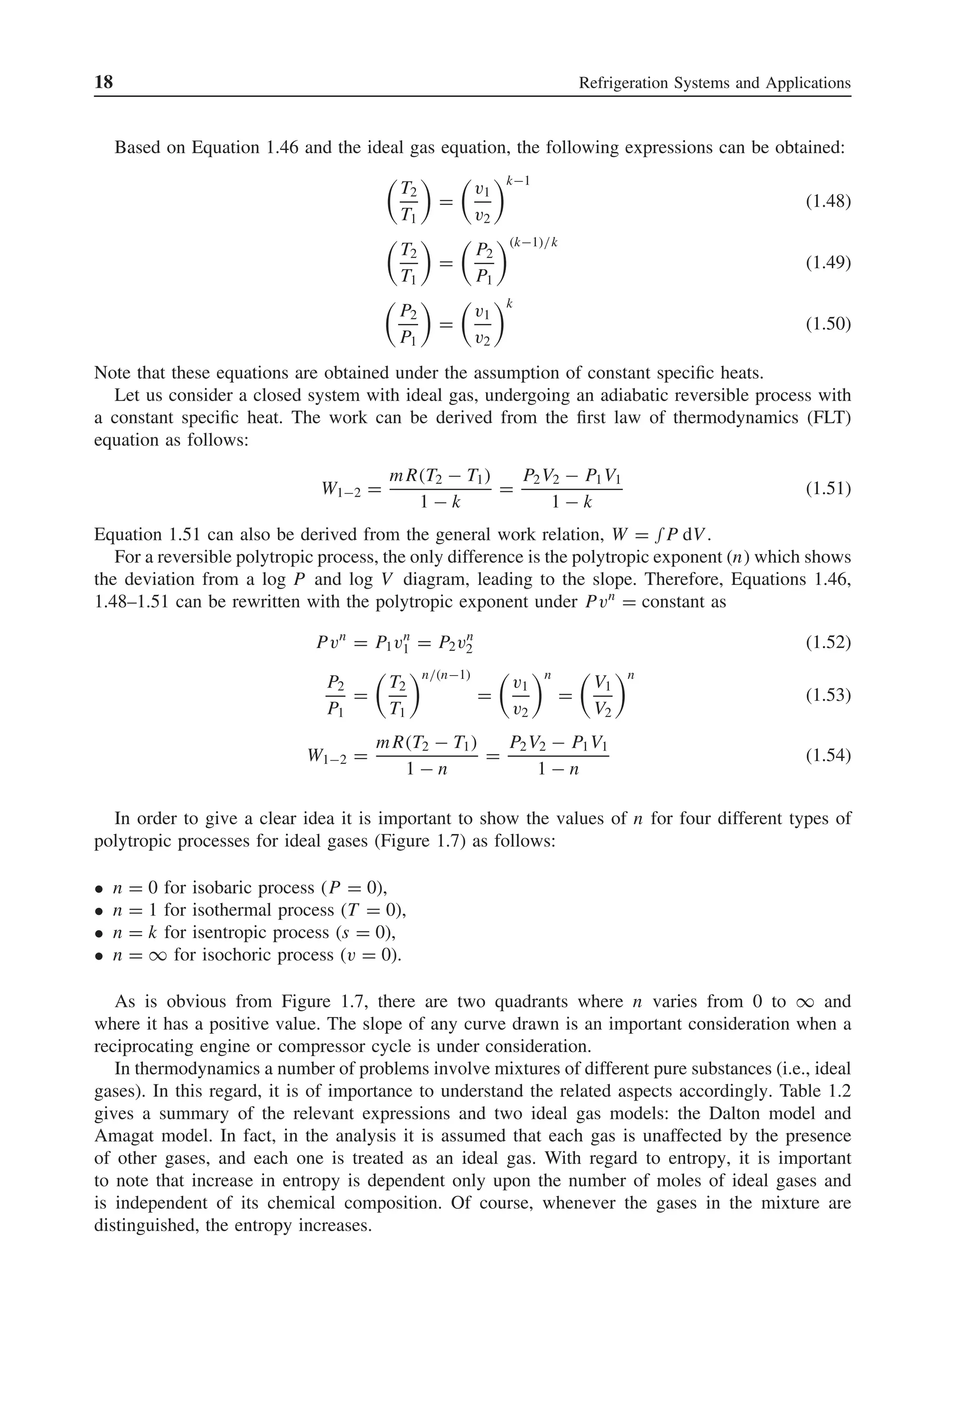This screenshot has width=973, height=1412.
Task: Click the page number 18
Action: pos(104,82)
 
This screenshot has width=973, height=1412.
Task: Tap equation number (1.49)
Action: pos(828,263)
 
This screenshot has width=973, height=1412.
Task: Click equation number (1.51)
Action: pos(828,489)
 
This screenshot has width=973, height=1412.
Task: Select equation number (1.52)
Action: pos(828,642)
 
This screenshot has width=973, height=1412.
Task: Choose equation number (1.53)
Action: pos(828,695)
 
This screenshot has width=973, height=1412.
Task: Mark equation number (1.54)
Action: pos(828,756)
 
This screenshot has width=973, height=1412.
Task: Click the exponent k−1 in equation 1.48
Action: pos(517,181)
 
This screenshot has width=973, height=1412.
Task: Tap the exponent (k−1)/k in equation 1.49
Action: pos(534,243)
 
